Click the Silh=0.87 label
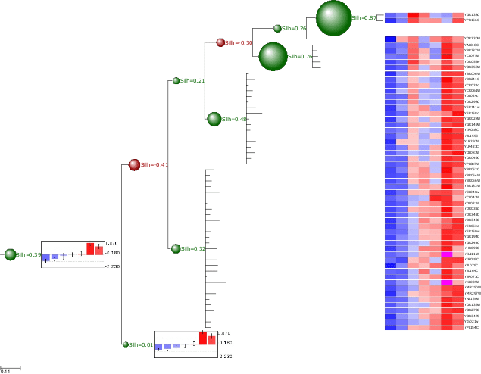tap(364, 17)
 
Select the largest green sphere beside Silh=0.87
tap(333, 17)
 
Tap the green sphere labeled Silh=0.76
tap(273, 56)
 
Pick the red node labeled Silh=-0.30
tap(220, 43)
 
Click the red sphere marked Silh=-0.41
tap(134, 164)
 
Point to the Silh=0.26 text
tap(294, 29)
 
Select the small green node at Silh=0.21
tap(176, 80)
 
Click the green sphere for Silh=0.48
tap(214, 119)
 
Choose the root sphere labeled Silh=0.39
tap(10, 254)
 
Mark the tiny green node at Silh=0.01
tap(126, 344)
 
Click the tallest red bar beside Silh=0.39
tap(90, 248)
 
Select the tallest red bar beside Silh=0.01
tap(203, 338)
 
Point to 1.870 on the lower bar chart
tap(224, 333)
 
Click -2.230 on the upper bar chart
tap(112, 266)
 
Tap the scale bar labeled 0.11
tap(10, 369)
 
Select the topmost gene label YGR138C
tap(471, 15)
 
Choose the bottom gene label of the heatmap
tap(471, 327)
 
